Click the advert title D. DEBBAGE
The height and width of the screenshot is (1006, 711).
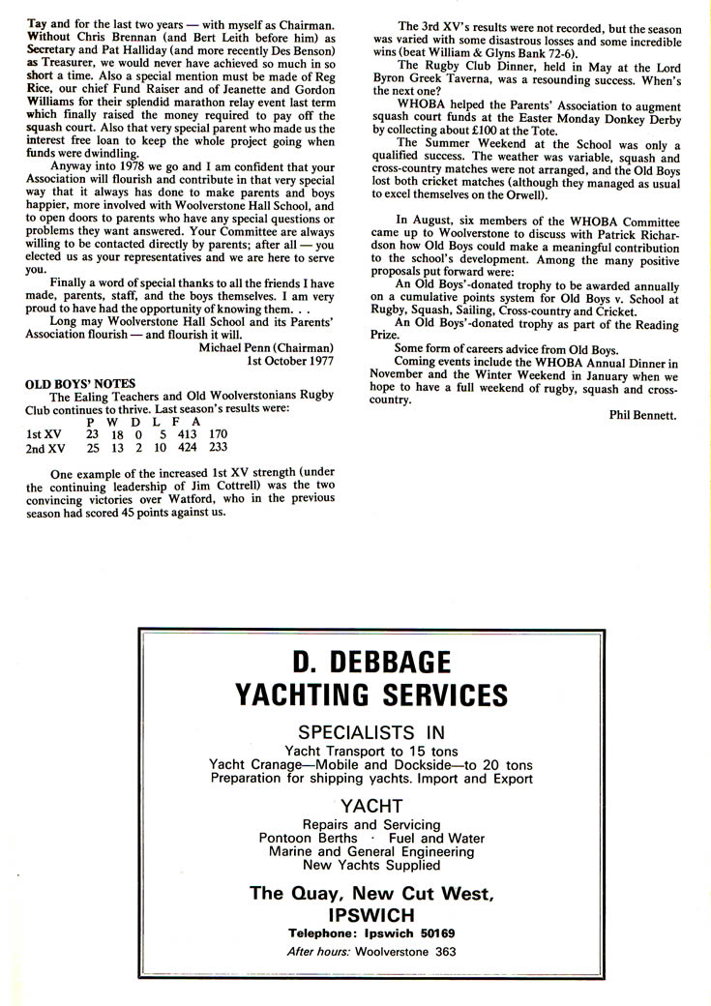[371, 663]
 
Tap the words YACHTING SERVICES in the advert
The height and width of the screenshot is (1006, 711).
[371, 695]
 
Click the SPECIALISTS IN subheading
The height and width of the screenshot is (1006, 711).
[371, 731]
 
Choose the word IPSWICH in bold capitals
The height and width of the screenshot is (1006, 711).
[371, 914]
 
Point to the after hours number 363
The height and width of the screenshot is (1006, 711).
[444, 951]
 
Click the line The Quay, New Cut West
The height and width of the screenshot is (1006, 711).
[371, 893]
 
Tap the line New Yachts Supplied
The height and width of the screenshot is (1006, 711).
[371, 865]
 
